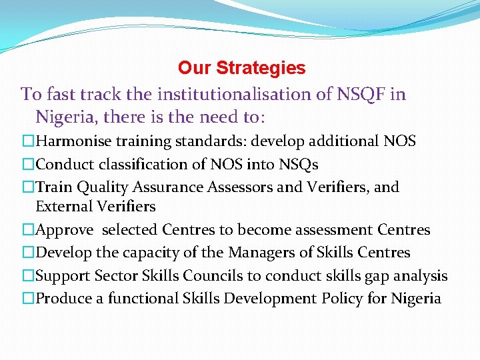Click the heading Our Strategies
[x=241, y=68]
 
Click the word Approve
[x=65, y=230]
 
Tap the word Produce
[x=63, y=298]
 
